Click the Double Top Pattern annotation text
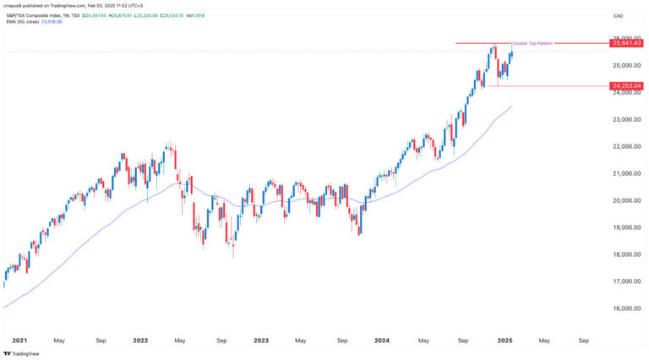(532, 43)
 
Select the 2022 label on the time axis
(140, 341)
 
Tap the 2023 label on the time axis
(261, 341)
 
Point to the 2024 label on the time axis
(382, 341)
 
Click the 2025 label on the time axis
(504, 341)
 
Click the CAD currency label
(619, 16)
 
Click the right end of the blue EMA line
(512, 106)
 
